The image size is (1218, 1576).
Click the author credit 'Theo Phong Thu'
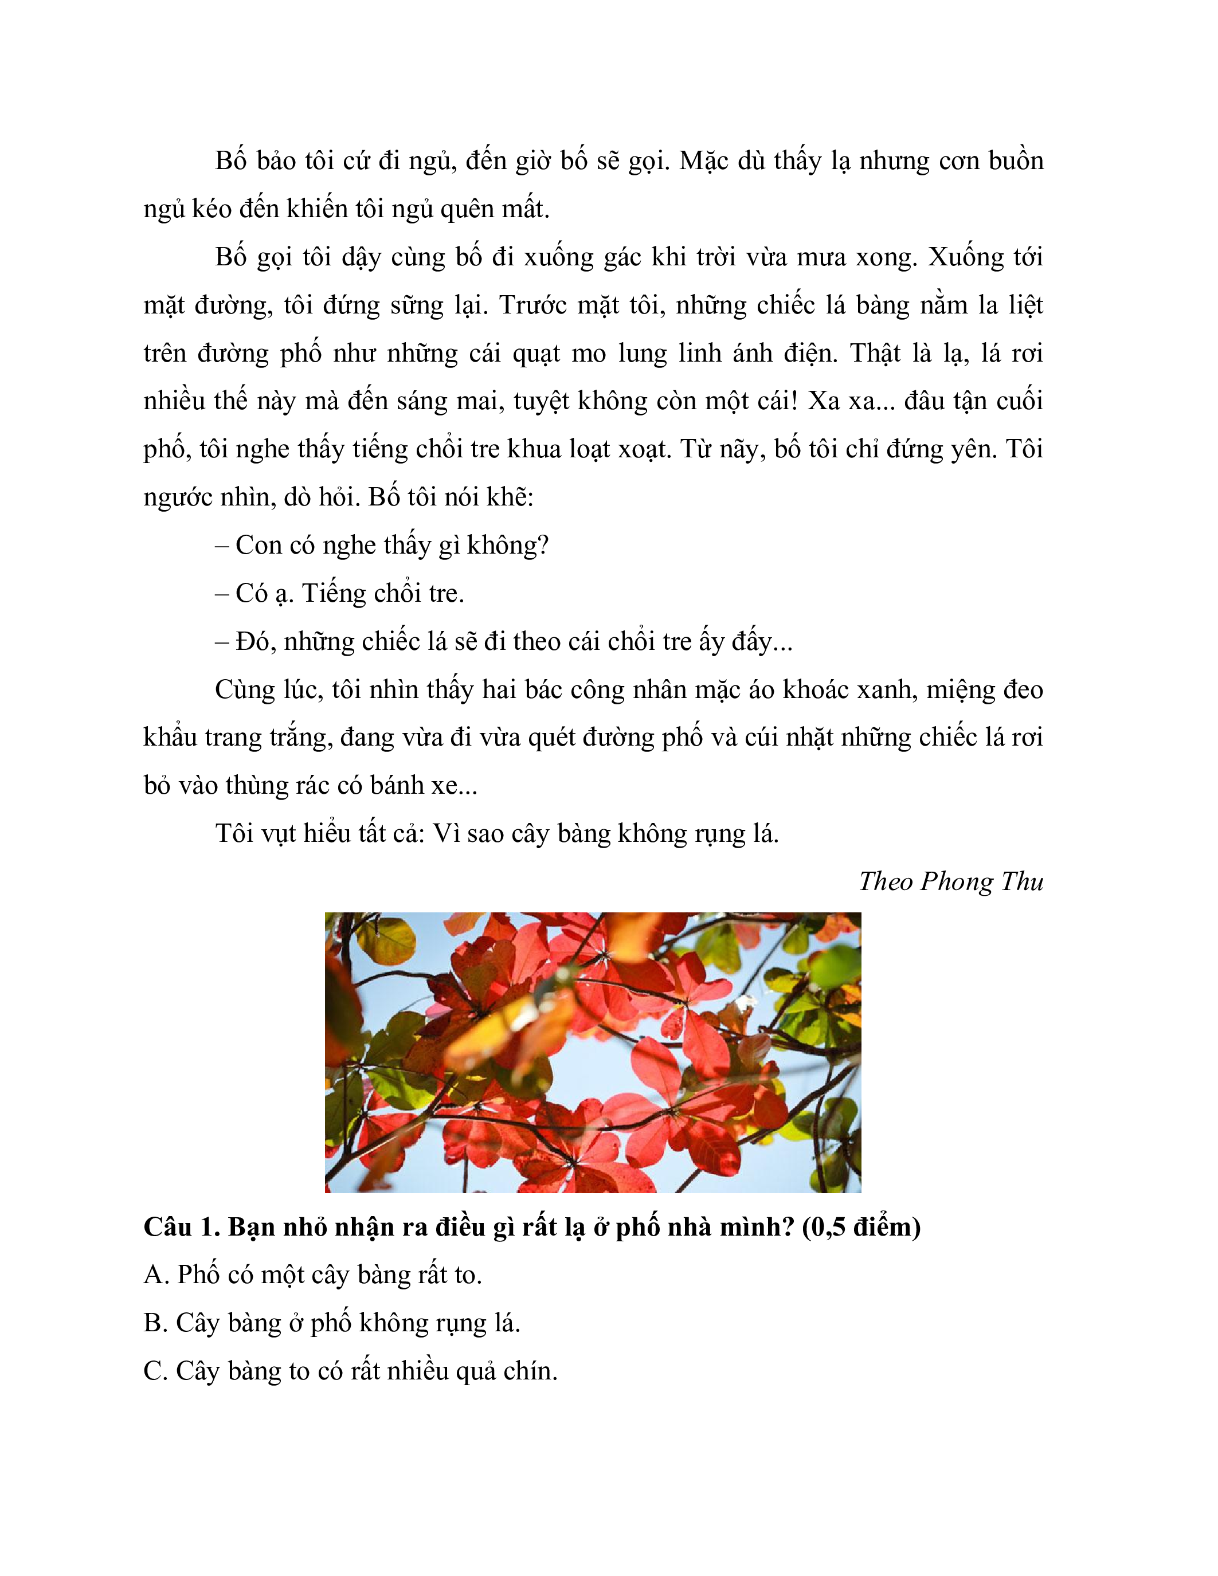[950, 882]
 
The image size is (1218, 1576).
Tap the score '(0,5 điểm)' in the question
[861, 1227]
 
